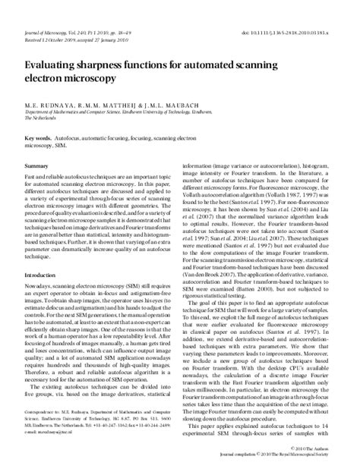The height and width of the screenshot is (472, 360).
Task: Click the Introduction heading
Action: click(44, 274)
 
